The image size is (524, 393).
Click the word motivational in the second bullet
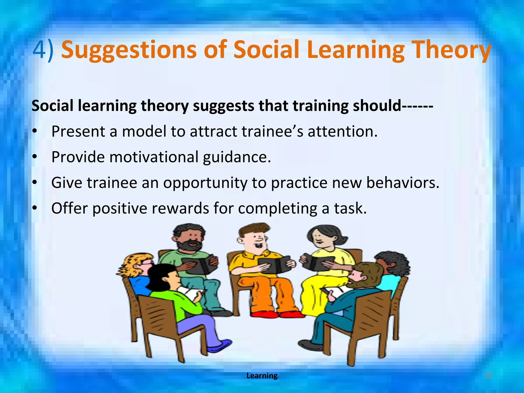coord(154,157)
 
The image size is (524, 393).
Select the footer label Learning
coord(262,376)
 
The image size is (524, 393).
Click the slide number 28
coord(488,376)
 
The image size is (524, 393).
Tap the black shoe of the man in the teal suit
coord(310,345)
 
